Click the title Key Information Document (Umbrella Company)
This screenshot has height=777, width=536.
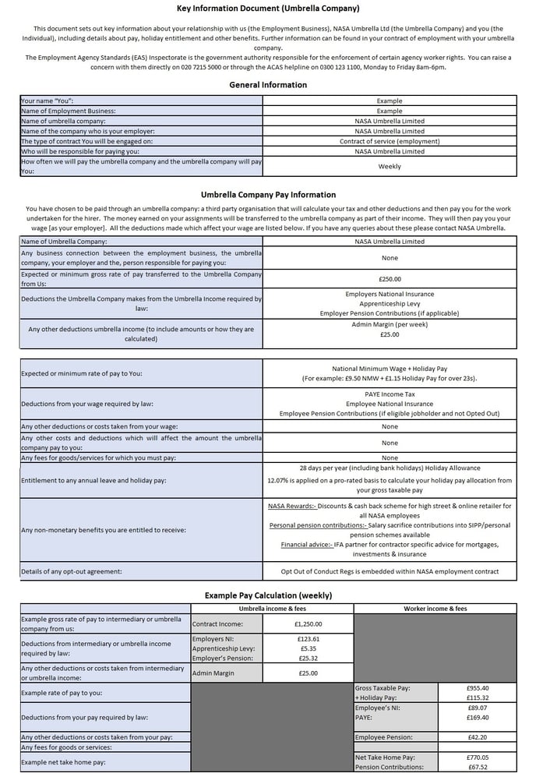[x=268, y=9]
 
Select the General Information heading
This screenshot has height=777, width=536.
[x=268, y=85]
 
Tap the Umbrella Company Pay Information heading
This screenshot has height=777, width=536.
[x=268, y=195]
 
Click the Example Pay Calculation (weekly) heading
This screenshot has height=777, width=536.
[x=268, y=595]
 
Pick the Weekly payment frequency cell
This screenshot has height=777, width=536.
[x=390, y=167]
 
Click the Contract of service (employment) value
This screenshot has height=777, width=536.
[x=390, y=142]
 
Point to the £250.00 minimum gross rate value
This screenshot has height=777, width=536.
[x=390, y=279]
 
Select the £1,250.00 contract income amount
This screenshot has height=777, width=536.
[x=308, y=623]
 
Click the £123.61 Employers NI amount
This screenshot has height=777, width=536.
[x=309, y=639]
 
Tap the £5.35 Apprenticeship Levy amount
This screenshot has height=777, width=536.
[x=309, y=648]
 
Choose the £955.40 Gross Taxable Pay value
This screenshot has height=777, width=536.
[x=477, y=688]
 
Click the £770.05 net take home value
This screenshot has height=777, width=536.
[x=477, y=757]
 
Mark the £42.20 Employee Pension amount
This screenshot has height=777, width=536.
[x=477, y=736]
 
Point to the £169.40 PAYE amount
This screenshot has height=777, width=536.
[x=477, y=717]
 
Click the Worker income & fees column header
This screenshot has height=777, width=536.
[x=435, y=609]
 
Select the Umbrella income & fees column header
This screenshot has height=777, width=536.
[x=272, y=609]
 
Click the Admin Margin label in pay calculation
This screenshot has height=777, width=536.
[x=213, y=673]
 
